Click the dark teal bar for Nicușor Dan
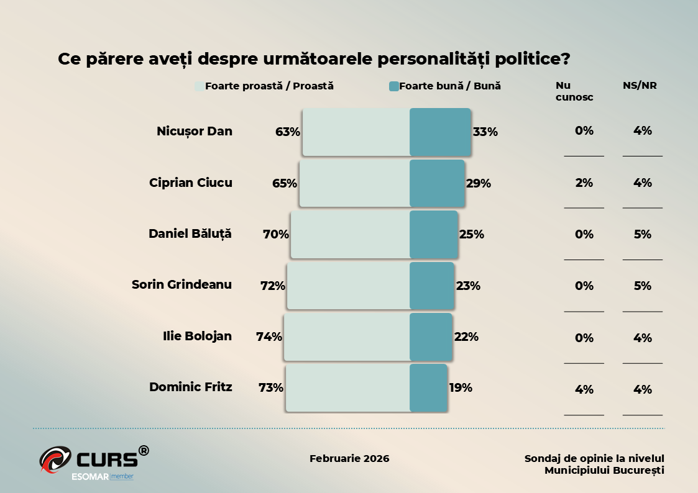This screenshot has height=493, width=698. pyautogui.click(x=440, y=132)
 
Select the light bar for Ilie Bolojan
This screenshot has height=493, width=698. pyautogui.click(x=347, y=337)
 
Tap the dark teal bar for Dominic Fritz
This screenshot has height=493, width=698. pyautogui.click(x=428, y=388)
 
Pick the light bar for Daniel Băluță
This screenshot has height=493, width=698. pyautogui.click(x=350, y=235)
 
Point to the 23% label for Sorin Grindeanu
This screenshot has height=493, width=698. pyautogui.click(x=469, y=286)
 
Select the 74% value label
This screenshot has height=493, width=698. pyautogui.click(x=269, y=337)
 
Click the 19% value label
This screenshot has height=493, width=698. pyautogui.click(x=461, y=387)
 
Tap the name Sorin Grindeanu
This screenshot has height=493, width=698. pyautogui.click(x=181, y=285)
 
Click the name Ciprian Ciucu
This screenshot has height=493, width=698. pyautogui.click(x=191, y=183)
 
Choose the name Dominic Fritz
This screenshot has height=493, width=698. pyautogui.click(x=191, y=387)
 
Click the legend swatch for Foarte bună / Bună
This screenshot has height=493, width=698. pyautogui.click(x=393, y=87)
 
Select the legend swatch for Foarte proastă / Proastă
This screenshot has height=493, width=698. pyautogui.click(x=200, y=87)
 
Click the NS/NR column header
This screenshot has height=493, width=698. pyautogui.click(x=640, y=86)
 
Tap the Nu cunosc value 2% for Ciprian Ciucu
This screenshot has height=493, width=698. pyautogui.click(x=584, y=183)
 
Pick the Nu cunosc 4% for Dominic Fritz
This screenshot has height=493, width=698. pyautogui.click(x=584, y=390)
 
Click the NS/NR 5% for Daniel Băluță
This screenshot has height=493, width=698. pyautogui.click(x=643, y=235)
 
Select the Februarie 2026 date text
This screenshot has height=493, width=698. pyautogui.click(x=349, y=459)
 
